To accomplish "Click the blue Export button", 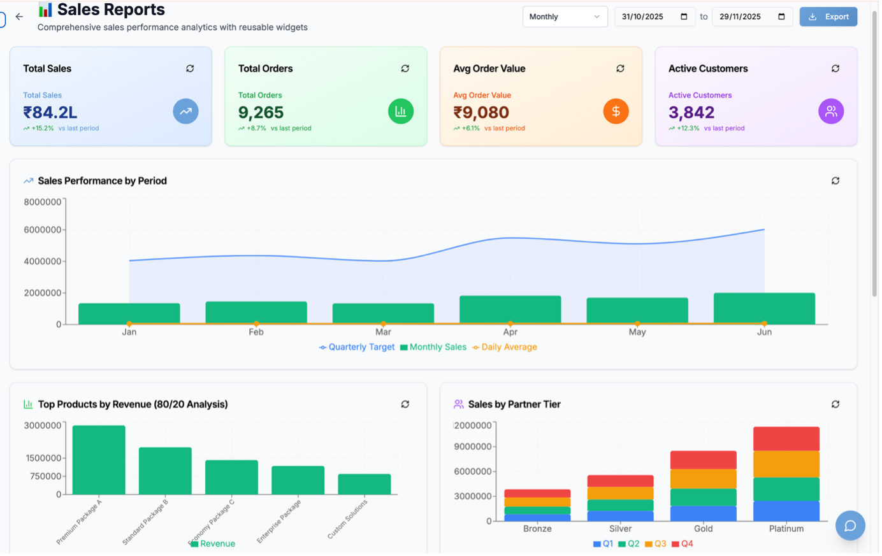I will (828, 17).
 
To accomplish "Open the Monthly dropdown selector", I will (565, 17).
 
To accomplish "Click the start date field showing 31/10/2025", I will (654, 17).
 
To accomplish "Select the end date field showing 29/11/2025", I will (752, 17).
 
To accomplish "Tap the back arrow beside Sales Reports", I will (19, 17).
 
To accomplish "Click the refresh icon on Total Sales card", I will (190, 69).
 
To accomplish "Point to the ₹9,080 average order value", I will (481, 113).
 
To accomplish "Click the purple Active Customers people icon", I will (831, 111).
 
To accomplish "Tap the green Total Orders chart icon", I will (401, 111).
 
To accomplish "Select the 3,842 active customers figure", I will (691, 113).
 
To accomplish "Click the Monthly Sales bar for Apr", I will (510, 310).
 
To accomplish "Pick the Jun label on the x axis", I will (764, 332).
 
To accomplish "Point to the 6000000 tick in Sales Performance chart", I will (43, 230).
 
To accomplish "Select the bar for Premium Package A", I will (99, 460).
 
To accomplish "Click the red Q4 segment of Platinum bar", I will (786, 439).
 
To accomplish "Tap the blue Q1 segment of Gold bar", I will (703, 513).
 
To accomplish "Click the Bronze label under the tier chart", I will (537, 529).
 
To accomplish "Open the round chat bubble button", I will (850, 525).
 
